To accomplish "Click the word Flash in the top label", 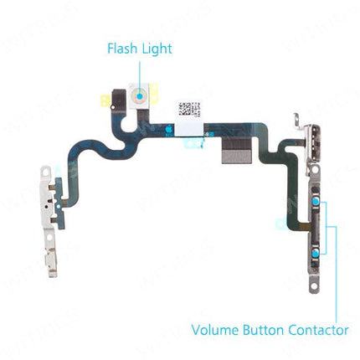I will pyautogui.click(x=122, y=49).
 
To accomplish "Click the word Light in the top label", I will pyautogui.click(x=157, y=49).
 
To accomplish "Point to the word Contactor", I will pyautogui.click(x=317, y=330).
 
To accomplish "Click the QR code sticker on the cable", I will pyautogui.click(x=191, y=109).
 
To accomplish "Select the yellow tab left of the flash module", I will pyautogui.click(x=106, y=101).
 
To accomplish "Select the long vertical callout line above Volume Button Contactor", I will pyautogui.click(x=335, y=268).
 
